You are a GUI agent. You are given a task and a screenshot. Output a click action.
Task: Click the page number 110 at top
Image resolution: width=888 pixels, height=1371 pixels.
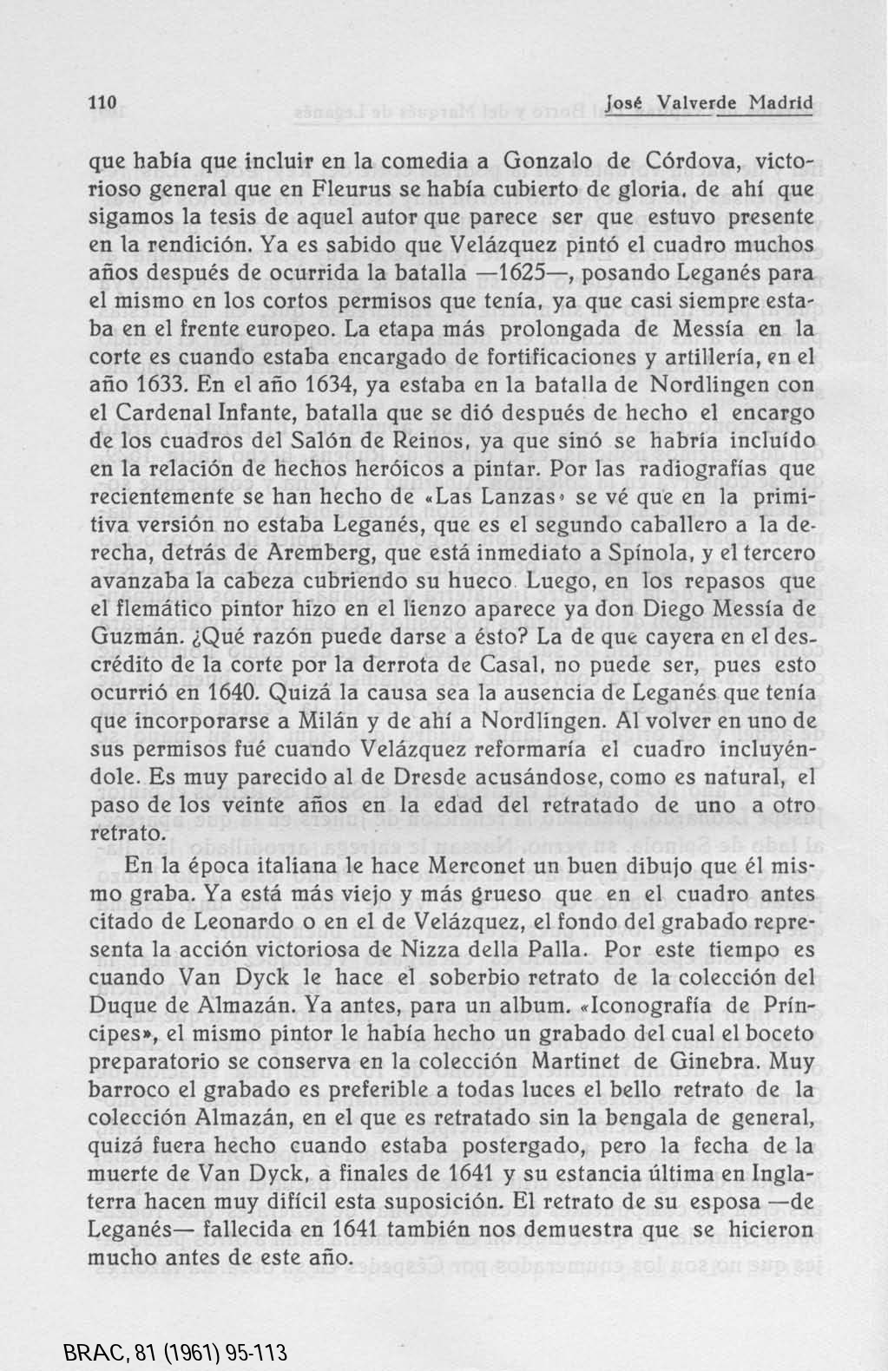pos(103,102)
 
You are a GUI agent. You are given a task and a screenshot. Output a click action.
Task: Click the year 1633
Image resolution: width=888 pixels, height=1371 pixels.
pos(167,384)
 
